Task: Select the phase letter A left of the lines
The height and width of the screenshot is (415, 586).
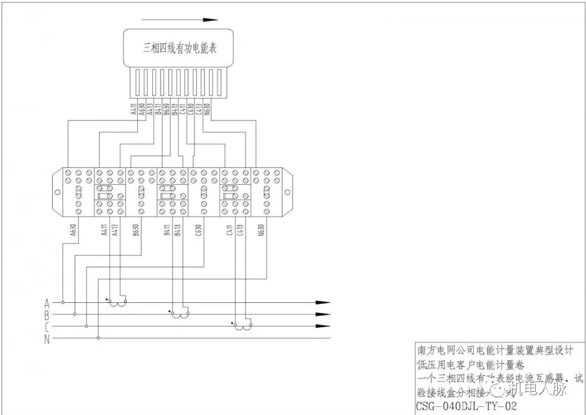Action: click(47, 302)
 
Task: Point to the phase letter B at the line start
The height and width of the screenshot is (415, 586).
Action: click(47, 314)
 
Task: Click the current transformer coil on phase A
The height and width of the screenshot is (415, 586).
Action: click(117, 303)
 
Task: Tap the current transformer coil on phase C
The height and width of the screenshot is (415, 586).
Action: click(242, 327)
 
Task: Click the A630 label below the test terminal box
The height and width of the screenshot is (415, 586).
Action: click(73, 230)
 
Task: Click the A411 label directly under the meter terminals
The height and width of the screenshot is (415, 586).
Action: click(133, 109)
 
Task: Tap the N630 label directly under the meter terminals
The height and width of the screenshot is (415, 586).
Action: click(208, 109)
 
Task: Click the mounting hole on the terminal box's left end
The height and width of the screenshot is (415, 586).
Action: click(57, 192)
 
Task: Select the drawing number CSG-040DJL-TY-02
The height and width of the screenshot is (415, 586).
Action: click(466, 406)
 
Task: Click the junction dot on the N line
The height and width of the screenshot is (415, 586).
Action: click(98, 339)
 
